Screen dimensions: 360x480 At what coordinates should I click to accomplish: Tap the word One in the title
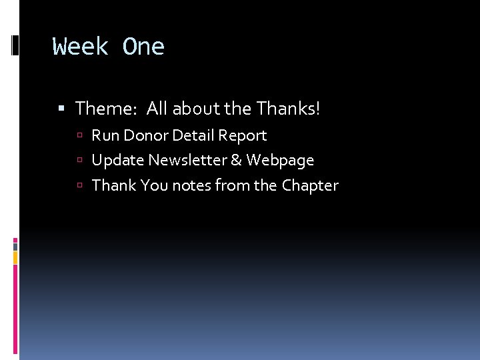pos(143,47)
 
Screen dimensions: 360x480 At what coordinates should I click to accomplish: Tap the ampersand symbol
pos(236,161)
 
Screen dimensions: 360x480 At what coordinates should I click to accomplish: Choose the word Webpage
pos(280,161)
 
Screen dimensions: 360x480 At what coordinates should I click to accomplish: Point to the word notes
pos(192,185)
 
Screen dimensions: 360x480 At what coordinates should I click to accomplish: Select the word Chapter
pos(310,185)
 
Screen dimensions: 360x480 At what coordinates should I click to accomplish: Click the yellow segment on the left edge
pos(15,257)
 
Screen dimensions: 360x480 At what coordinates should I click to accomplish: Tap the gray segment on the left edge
pos(15,246)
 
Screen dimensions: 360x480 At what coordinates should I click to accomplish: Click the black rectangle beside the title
pos(15,46)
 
